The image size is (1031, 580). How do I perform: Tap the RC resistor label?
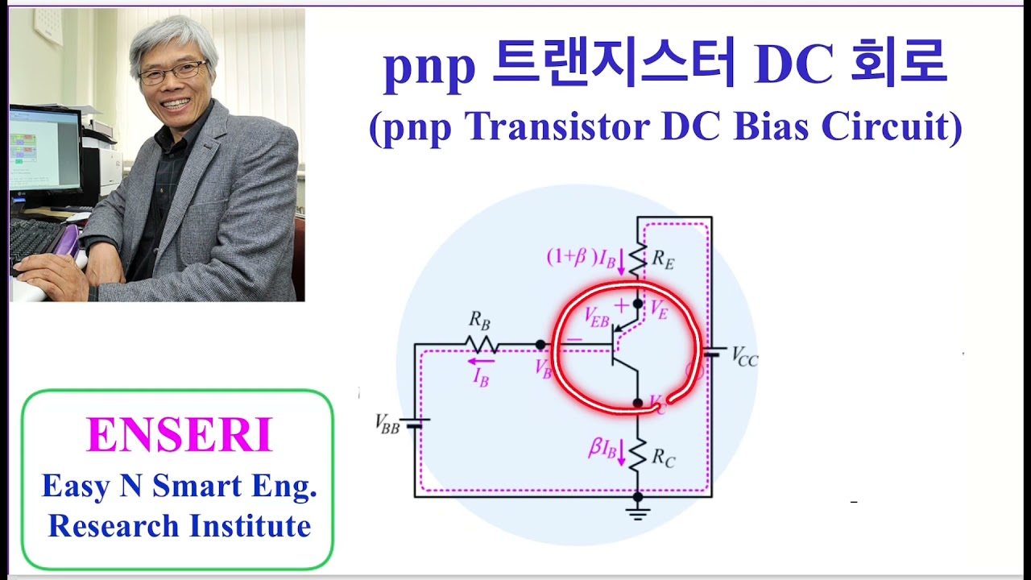pyautogui.click(x=663, y=458)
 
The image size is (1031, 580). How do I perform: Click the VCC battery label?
pyautogui.click(x=744, y=358)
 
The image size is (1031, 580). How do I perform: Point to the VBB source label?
pyautogui.click(x=387, y=424)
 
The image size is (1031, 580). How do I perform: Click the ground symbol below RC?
pyautogui.click(x=637, y=511)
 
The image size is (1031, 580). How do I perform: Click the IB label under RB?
pyautogui.click(x=480, y=376)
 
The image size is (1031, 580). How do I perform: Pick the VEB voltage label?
pyautogui.click(x=597, y=317)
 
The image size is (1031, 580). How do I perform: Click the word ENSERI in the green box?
pyautogui.click(x=179, y=436)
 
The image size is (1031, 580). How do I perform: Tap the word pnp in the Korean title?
pyautogui.click(x=429, y=68)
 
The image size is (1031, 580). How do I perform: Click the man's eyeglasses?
pyautogui.click(x=172, y=73)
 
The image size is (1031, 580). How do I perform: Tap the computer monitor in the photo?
pyautogui.click(x=44, y=149)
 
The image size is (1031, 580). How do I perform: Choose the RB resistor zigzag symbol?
pyautogui.click(x=481, y=345)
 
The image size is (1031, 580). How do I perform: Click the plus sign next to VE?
pyautogui.click(x=621, y=306)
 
